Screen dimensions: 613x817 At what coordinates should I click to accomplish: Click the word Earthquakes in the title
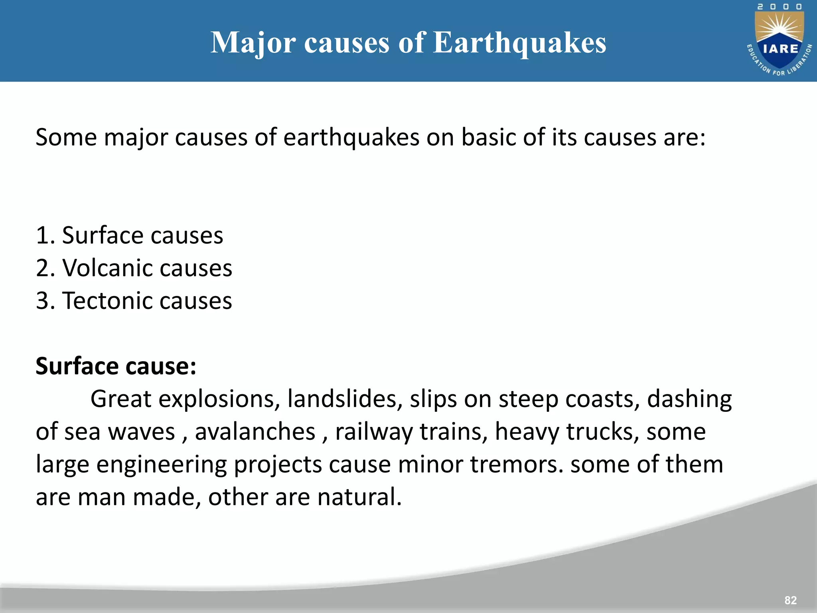click(x=519, y=43)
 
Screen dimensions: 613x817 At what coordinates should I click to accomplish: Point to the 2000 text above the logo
click(x=780, y=7)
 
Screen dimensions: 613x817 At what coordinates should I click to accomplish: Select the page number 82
click(x=790, y=600)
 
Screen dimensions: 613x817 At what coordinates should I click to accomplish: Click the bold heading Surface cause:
click(x=116, y=366)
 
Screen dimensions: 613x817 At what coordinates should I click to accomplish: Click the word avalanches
click(x=255, y=432)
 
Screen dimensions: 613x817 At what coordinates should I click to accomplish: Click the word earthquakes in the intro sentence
click(x=351, y=138)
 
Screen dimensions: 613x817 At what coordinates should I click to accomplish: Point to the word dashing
click(x=689, y=399)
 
